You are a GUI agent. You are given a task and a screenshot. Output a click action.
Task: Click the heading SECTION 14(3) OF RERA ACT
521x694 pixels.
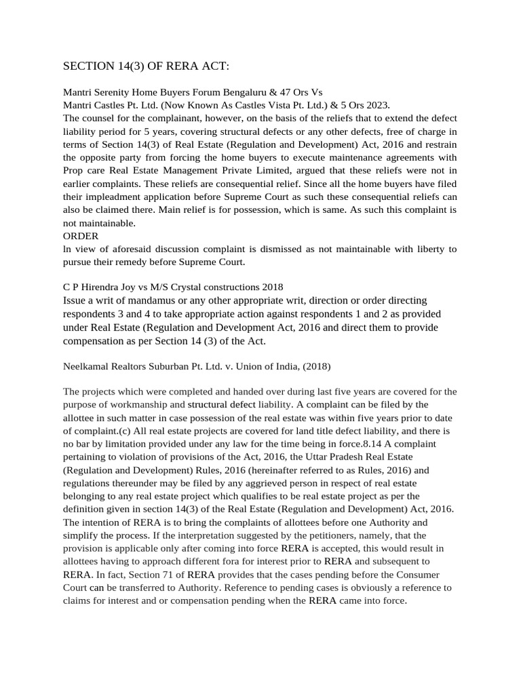pyautogui.click(x=146, y=66)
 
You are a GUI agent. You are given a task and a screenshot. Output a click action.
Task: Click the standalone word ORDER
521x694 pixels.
pyautogui.click(x=81, y=236)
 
